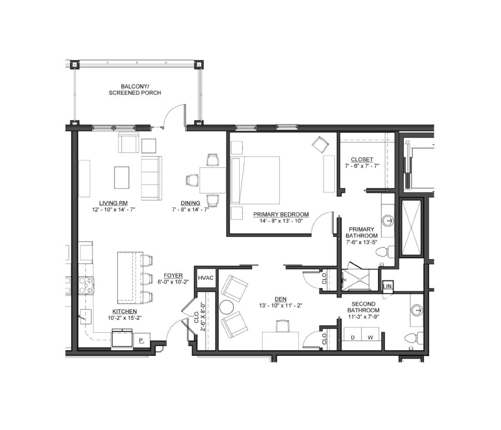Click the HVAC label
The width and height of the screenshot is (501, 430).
(205, 277)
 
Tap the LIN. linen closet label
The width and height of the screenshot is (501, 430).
(387, 286)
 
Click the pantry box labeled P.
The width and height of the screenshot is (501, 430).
(141, 340)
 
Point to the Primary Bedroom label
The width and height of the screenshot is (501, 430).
(281, 214)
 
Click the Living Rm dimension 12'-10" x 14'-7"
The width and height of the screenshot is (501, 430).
(113, 209)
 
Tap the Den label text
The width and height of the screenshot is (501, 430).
(280, 299)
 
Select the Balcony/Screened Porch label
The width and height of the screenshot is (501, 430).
(135, 90)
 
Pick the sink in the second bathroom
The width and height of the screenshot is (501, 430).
(417, 310)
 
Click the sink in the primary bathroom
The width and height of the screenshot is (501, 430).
(388, 220)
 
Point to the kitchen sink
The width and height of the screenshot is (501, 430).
(85, 317)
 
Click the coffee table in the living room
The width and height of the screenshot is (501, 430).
(122, 178)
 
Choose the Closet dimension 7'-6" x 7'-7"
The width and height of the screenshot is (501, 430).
(362, 166)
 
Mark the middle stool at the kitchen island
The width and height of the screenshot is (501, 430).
(147, 279)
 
